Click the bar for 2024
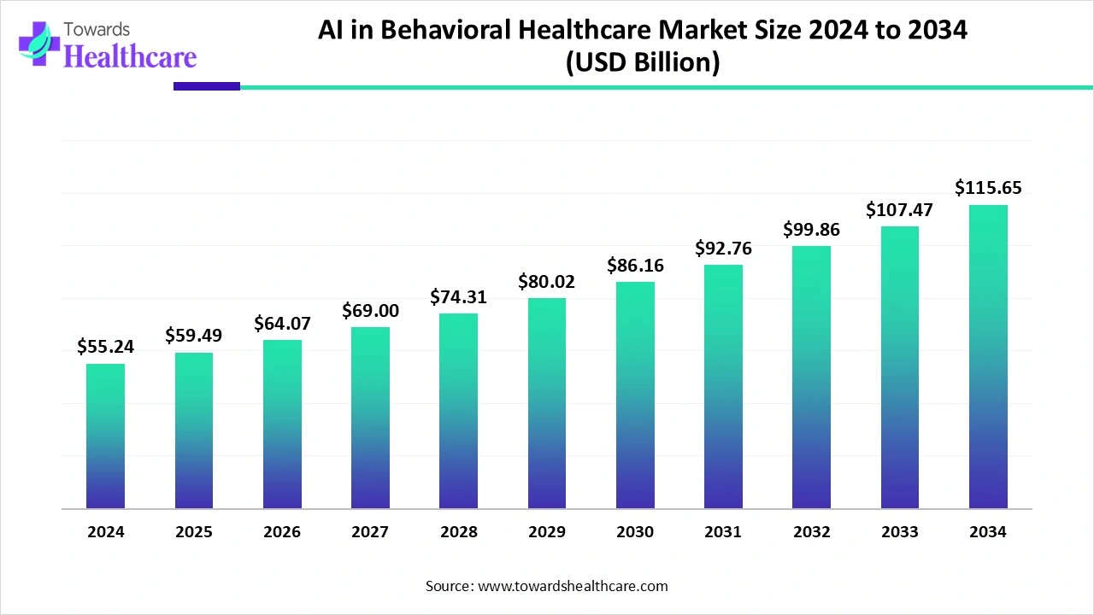[x=105, y=436]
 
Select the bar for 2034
[x=988, y=356]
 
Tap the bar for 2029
[x=547, y=403]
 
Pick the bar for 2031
[x=723, y=386]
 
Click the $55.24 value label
[x=105, y=346]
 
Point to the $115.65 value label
[x=988, y=187]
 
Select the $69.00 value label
[x=370, y=311]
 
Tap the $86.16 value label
[x=635, y=265]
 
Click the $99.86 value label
[x=812, y=229]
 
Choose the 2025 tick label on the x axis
[x=194, y=531]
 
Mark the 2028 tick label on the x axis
[x=459, y=531]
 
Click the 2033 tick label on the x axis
[x=900, y=531]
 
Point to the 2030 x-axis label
[x=635, y=531]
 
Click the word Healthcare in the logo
[x=130, y=56]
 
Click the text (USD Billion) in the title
[x=642, y=63]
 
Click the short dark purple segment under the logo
[x=206, y=86]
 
